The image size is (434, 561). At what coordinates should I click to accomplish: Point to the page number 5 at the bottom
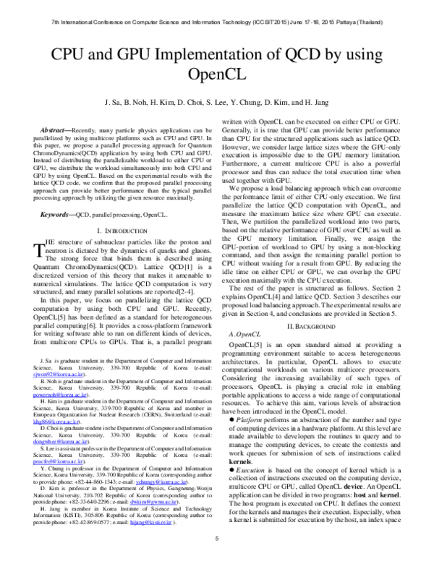point(217,538)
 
